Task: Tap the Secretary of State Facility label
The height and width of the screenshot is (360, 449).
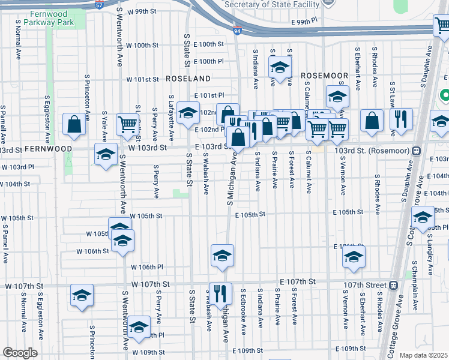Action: [x=270, y=4]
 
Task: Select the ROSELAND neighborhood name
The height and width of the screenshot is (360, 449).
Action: [x=188, y=79]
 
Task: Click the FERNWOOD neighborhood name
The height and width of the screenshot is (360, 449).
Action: [x=48, y=148]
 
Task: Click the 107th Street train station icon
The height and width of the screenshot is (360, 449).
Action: [x=394, y=285]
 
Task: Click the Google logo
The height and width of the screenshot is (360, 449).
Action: [x=20, y=352]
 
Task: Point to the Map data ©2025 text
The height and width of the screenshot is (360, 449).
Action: [x=423, y=355]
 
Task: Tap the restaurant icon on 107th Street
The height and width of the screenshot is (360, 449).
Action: [x=220, y=293]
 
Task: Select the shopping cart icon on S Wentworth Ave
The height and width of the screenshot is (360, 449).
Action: [x=127, y=124]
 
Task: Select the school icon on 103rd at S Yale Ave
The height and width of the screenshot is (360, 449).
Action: [x=106, y=154]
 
